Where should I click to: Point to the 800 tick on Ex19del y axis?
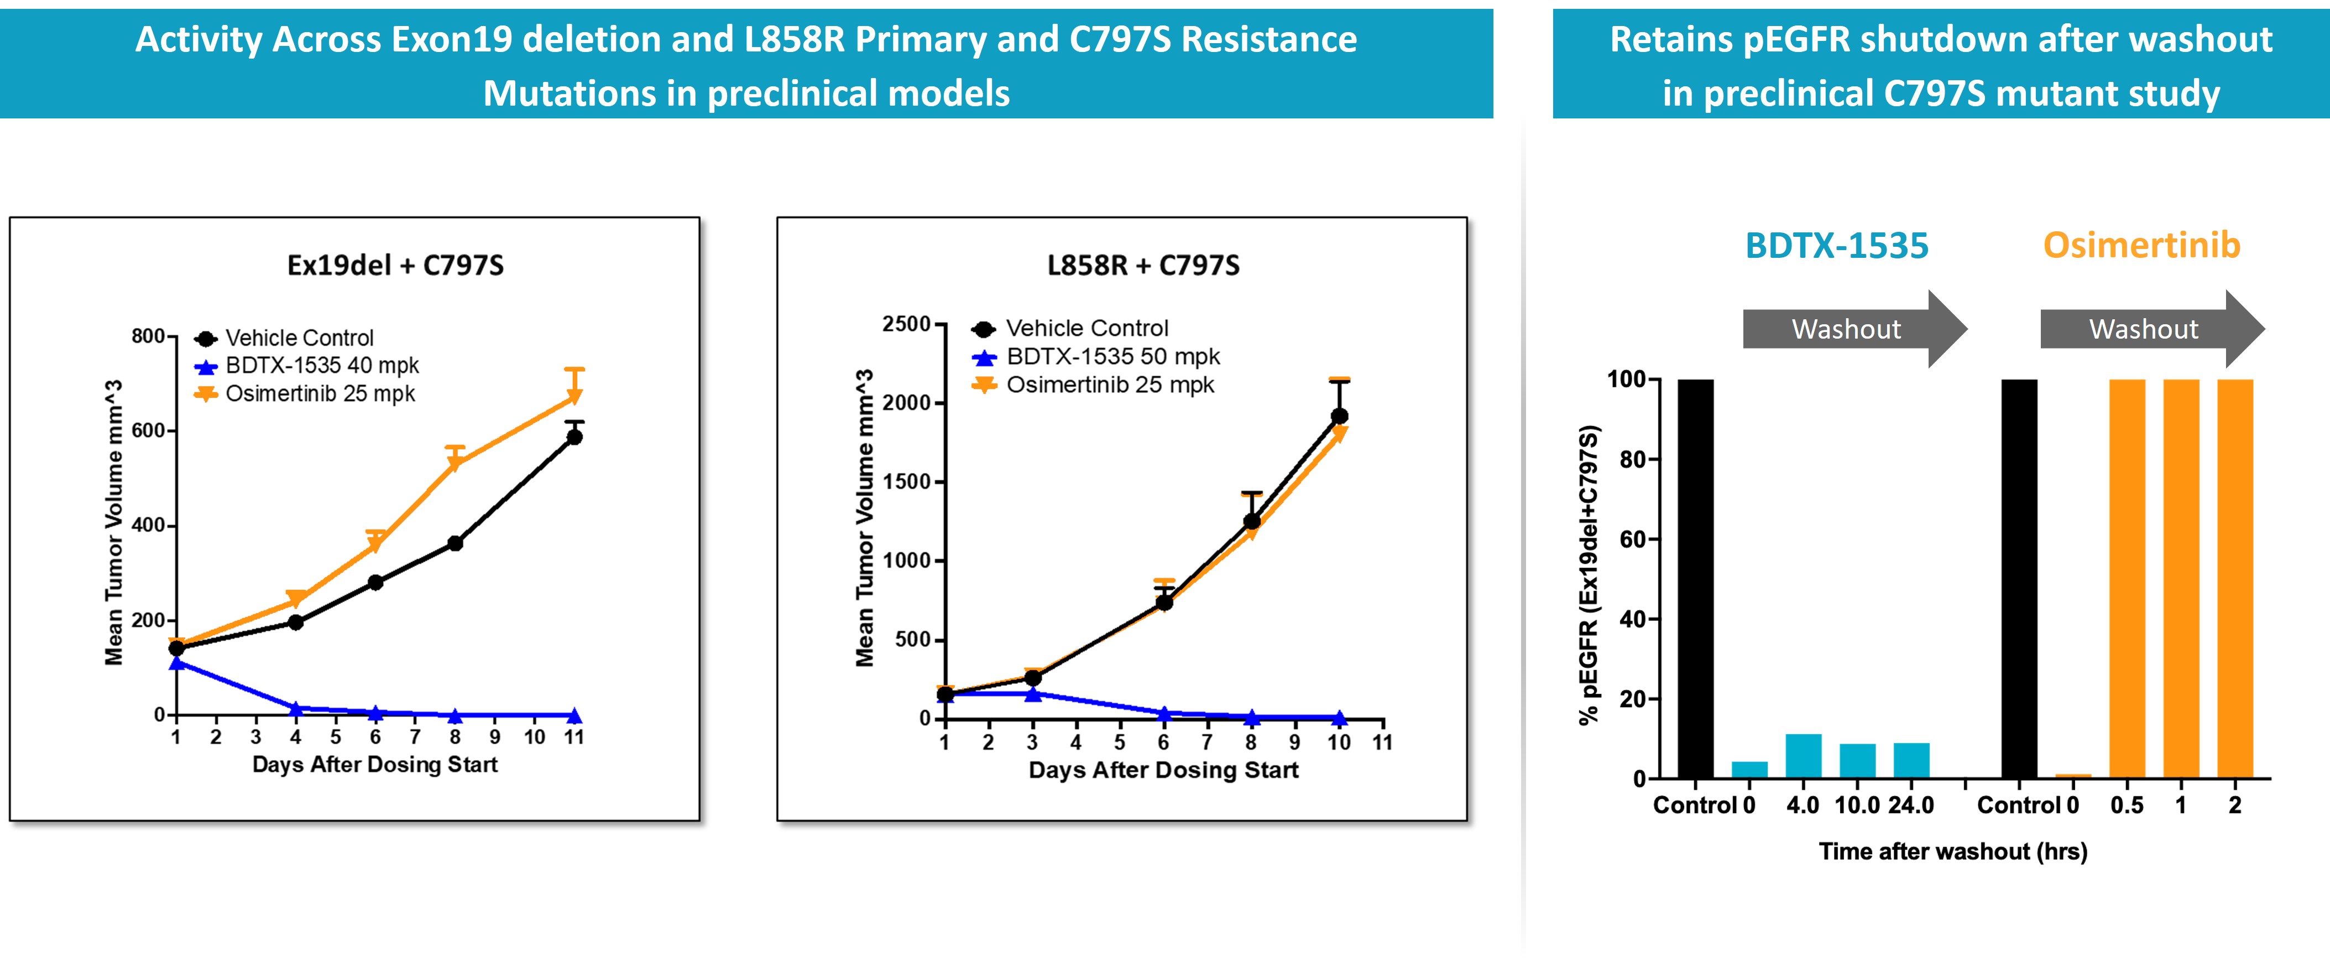148,336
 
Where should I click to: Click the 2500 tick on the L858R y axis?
906,324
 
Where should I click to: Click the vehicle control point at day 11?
573,437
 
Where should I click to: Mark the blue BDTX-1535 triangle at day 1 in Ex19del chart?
177,663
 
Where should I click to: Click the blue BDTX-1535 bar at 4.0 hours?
1803,756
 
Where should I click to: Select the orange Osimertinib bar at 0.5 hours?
2127,579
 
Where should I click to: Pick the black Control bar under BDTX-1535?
1695,579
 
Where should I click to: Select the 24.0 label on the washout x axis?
1910,805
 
